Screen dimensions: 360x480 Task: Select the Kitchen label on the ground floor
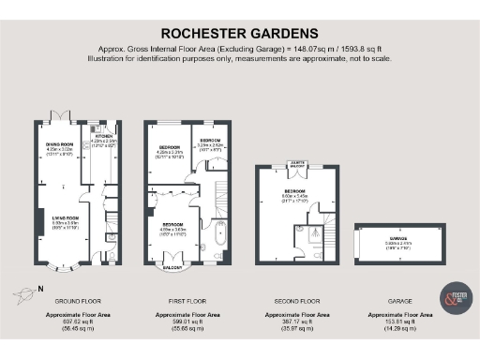(x=104, y=137)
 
